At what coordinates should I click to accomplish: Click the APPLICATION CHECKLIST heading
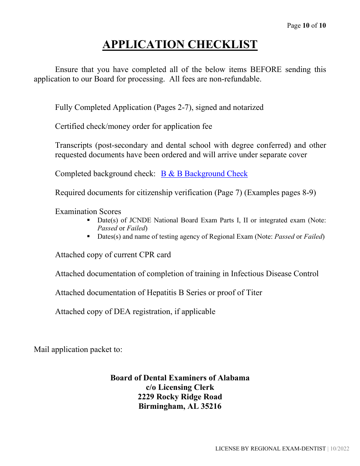click(x=180, y=45)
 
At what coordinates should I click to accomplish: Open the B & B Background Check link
click(x=204, y=174)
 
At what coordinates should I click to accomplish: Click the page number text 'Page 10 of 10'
click(x=306, y=26)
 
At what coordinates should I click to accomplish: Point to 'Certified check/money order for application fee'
click(x=133, y=127)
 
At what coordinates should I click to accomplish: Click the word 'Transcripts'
click(x=74, y=145)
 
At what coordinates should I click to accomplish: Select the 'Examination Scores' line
click(x=88, y=212)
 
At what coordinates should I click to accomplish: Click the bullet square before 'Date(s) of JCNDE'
click(x=88, y=220)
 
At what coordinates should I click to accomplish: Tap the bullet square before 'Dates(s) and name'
click(x=88, y=236)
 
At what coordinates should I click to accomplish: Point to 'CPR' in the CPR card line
click(x=148, y=255)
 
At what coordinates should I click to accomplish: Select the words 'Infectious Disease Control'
click(x=275, y=274)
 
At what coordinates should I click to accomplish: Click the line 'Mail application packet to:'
click(x=78, y=349)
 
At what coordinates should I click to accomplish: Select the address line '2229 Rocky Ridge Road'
click(x=180, y=397)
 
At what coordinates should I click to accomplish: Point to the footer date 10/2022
click(x=340, y=449)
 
